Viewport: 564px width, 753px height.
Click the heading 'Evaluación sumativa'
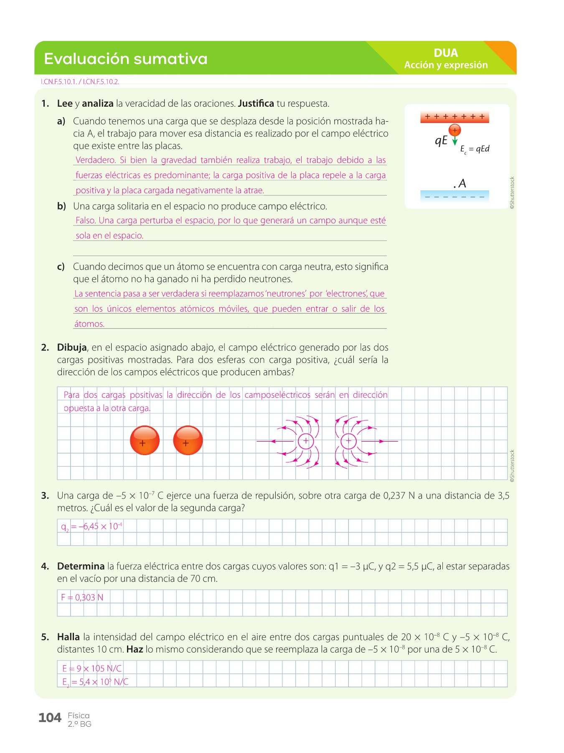point(126,59)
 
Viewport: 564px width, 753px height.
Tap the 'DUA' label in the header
point(446,53)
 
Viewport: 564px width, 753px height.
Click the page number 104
point(50,718)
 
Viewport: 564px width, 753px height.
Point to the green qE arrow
point(455,141)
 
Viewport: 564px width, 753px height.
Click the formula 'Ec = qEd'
point(475,149)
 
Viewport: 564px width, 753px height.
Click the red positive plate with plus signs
point(455,117)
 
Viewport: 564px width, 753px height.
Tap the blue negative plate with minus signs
point(455,196)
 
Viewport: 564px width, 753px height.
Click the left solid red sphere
point(145,441)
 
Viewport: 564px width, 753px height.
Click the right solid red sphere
point(188,441)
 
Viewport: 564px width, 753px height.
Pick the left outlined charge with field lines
point(305,441)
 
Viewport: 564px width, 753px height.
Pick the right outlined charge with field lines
point(348,441)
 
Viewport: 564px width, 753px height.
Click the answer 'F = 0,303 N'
point(82,597)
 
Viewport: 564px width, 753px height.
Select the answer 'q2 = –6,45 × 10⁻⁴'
point(91,527)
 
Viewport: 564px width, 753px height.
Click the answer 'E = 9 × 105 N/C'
point(92,668)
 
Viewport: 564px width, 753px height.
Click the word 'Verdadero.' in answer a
point(96,160)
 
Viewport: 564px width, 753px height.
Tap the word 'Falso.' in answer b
point(86,220)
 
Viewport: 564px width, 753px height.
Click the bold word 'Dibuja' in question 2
point(72,348)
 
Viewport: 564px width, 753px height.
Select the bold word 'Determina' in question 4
point(81,566)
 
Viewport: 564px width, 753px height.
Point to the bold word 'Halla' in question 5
point(69,637)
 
